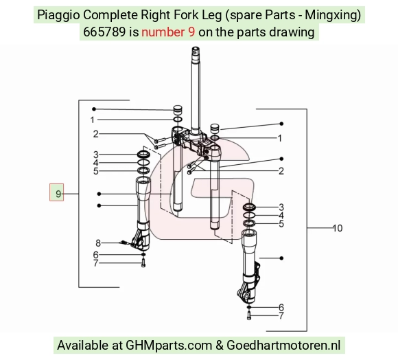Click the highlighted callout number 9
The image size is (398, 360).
[x=58, y=194]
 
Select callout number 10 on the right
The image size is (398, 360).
[x=338, y=228]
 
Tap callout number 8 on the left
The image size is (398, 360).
[x=98, y=243]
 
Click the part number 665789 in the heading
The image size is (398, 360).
[x=104, y=32]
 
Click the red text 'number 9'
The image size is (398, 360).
[x=168, y=32]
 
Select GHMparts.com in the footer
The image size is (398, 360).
[x=169, y=346]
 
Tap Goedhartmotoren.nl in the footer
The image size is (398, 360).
[x=283, y=346]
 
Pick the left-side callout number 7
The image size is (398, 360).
[x=95, y=263]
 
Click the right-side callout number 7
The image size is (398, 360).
[x=281, y=316]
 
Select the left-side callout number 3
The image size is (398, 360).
[x=95, y=154]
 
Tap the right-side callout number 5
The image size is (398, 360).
[x=281, y=224]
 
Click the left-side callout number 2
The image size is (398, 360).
[x=95, y=134]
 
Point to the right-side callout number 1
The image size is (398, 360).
[x=280, y=138]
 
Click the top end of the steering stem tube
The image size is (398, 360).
[x=196, y=48]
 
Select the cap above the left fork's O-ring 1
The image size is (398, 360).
[x=177, y=110]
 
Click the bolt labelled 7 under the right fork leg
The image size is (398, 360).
[x=248, y=316]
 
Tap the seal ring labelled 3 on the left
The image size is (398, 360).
[x=143, y=154]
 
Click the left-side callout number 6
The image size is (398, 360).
[x=95, y=255]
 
